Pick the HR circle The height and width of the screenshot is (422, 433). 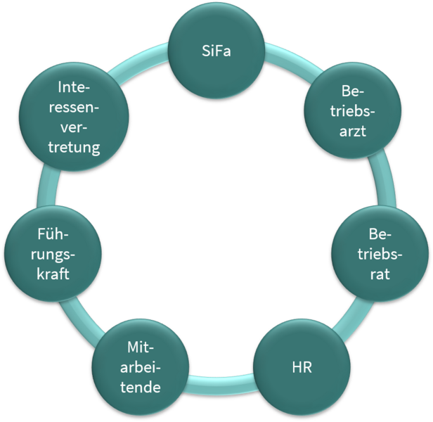[301, 368]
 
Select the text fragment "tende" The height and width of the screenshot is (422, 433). [140, 387]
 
